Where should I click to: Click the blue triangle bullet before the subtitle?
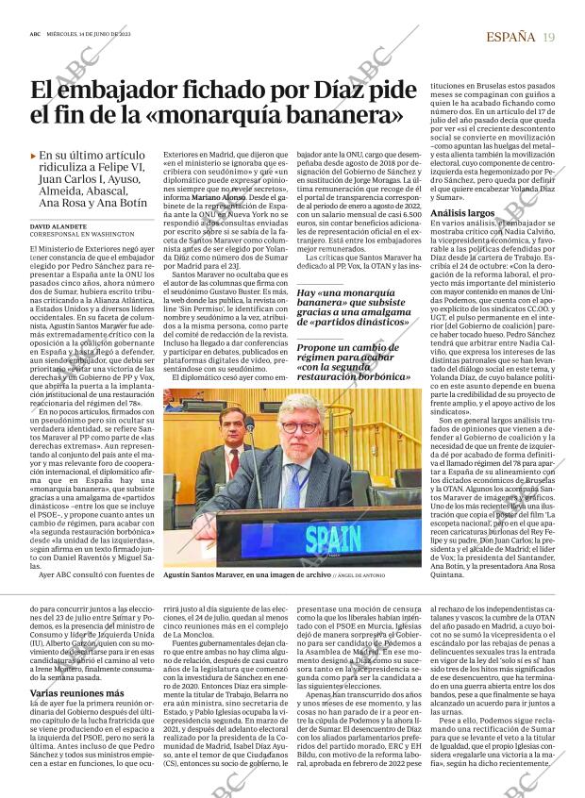pyautogui.click(x=34, y=155)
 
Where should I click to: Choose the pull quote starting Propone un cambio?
pyautogui.click(x=353, y=362)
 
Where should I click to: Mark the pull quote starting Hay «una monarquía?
pyautogui.click(x=353, y=308)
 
